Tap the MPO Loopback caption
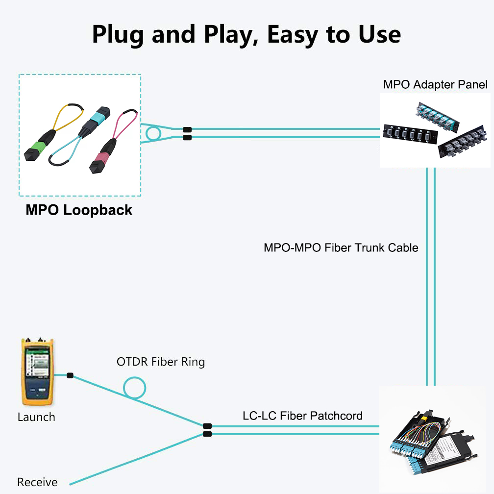(x=79, y=210)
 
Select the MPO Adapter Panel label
(x=435, y=84)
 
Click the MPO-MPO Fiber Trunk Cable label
(x=341, y=247)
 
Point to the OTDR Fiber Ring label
(x=161, y=362)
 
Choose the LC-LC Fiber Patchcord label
(x=302, y=416)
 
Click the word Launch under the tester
(x=36, y=418)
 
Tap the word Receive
(x=37, y=482)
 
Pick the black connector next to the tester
(x=70, y=375)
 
